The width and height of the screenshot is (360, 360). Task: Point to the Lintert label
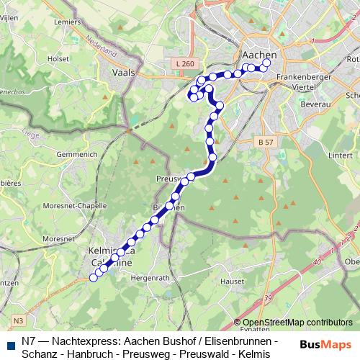340,155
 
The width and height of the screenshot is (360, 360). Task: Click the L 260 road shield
184,64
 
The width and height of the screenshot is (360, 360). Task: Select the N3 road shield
18,320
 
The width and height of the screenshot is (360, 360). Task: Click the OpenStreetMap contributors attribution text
296,322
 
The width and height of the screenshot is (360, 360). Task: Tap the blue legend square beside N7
9,341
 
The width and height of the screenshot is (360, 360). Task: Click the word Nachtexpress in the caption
88,340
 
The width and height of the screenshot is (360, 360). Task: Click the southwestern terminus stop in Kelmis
93,278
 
